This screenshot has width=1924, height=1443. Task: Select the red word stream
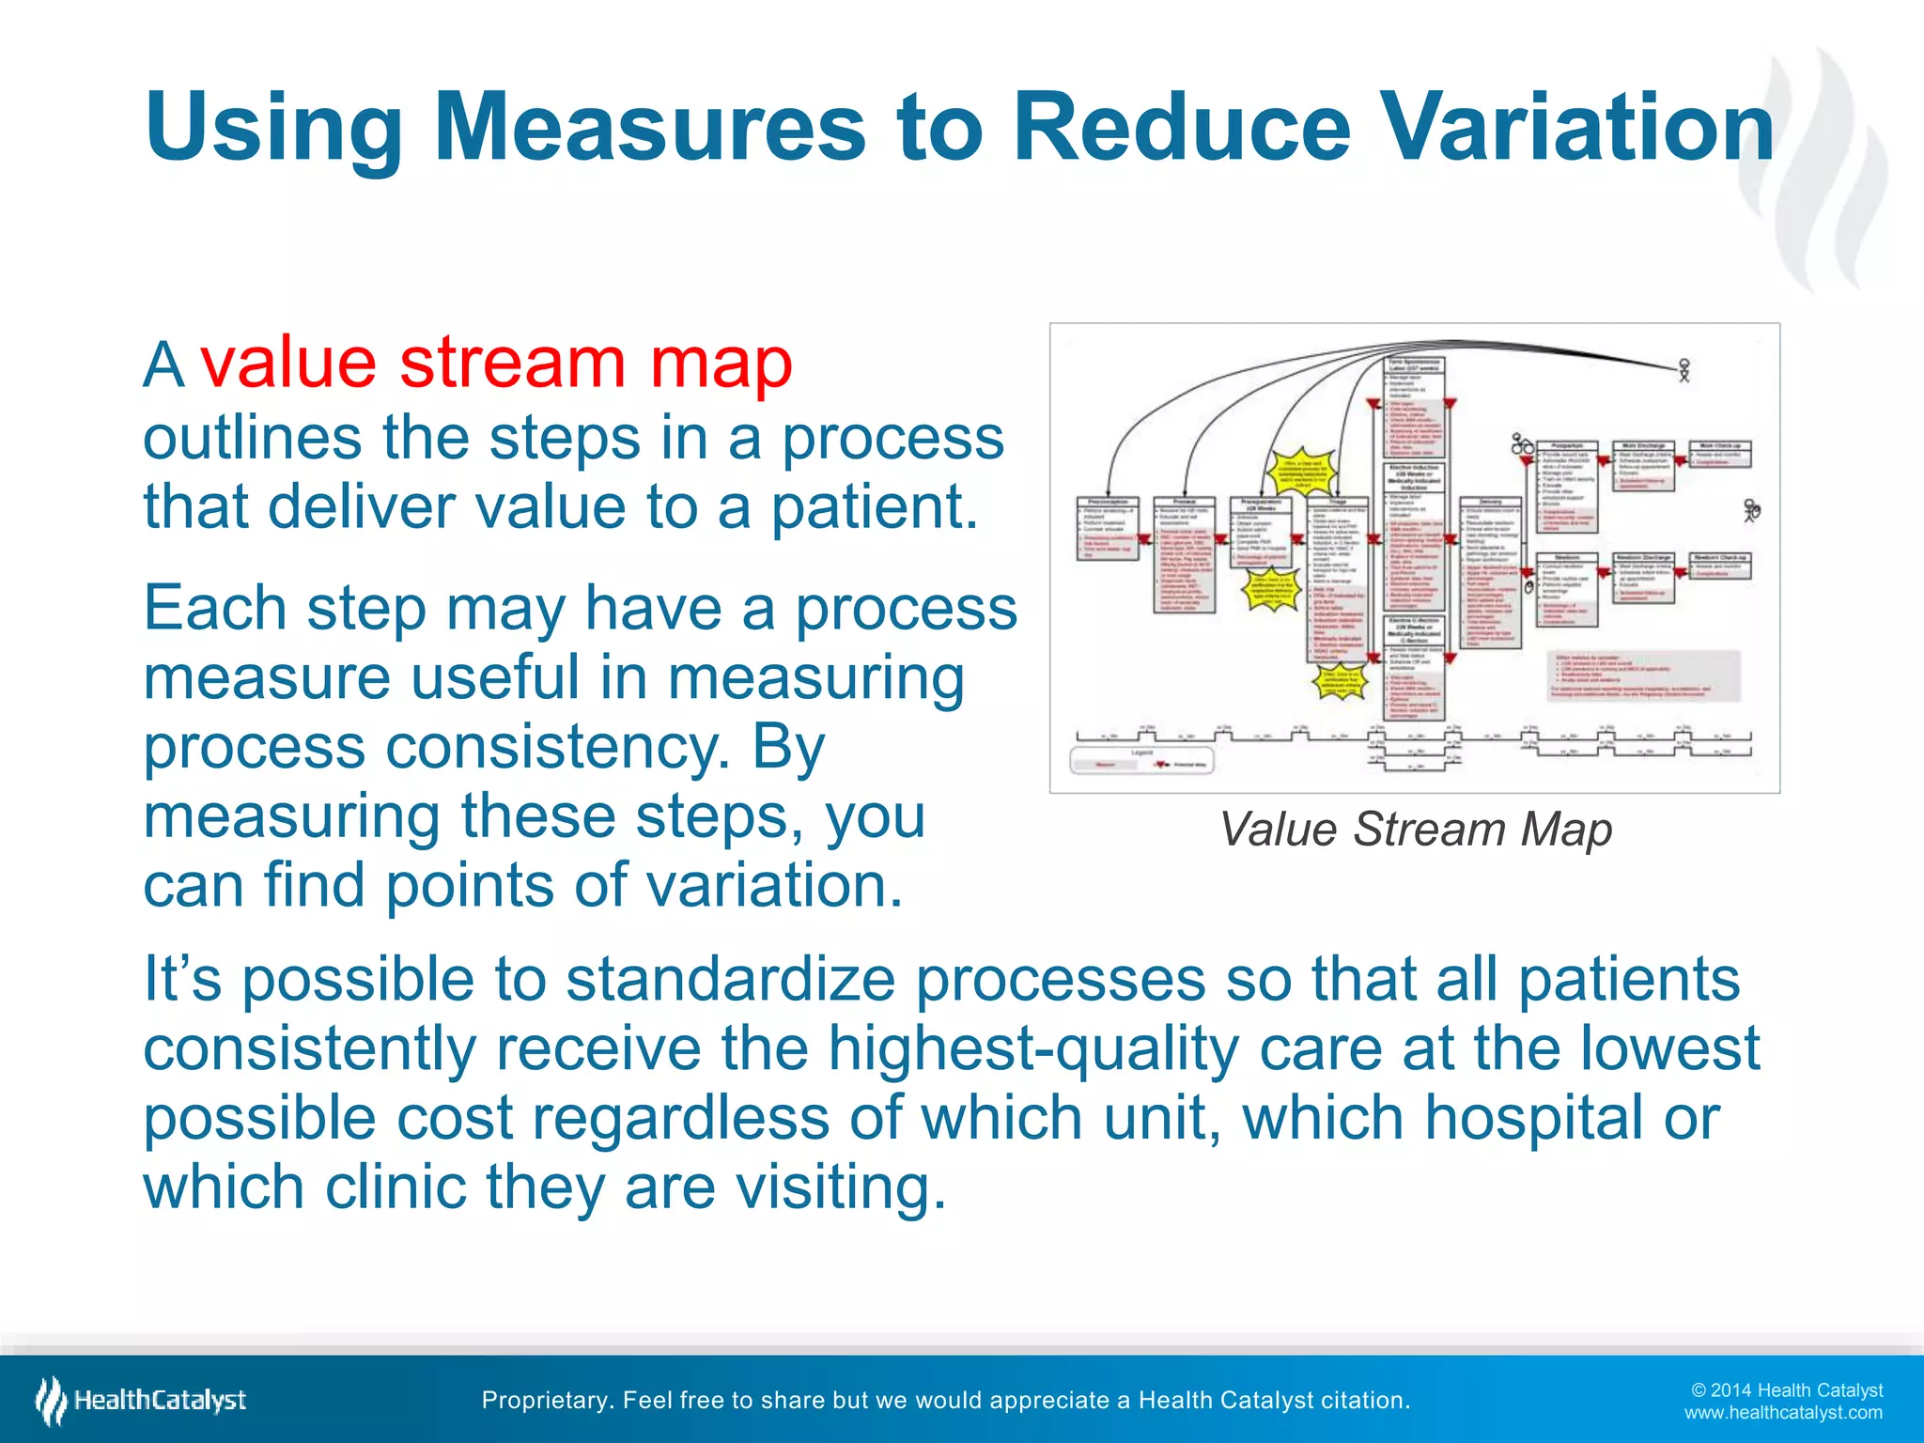pos(512,363)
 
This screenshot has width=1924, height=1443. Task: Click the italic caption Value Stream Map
pos(1415,830)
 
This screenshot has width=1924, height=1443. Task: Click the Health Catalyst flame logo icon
pos(51,1400)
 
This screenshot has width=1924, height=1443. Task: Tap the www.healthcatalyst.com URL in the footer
pos(1782,1413)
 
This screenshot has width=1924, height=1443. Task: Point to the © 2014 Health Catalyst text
pos(1786,1390)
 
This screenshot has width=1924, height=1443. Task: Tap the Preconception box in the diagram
pos(1108,530)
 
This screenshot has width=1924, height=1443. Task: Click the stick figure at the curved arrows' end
pos(1684,370)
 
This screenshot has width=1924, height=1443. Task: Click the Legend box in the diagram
pos(1141,759)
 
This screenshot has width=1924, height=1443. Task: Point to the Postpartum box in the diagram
pos(1567,484)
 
